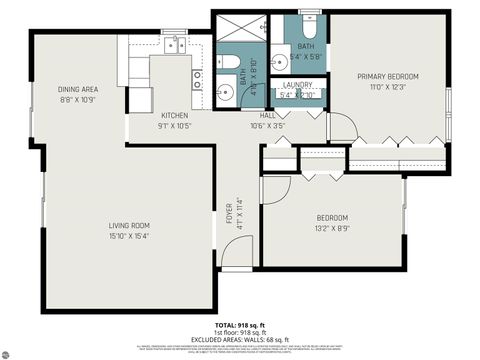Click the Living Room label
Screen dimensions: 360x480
click(129, 225)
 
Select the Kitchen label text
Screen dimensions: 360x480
click(174, 116)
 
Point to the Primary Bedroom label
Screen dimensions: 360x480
click(388, 77)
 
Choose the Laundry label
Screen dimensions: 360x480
click(297, 85)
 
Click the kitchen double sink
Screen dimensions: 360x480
click(174, 44)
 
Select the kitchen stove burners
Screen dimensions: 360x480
click(197, 79)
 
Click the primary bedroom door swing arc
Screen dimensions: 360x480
click(343, 126)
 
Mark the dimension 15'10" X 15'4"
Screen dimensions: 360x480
click(129, 235)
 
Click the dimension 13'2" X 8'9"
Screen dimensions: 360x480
click(332, 228)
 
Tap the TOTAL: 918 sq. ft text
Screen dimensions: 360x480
click(240, 325)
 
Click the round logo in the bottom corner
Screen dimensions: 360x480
click(11, 350)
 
